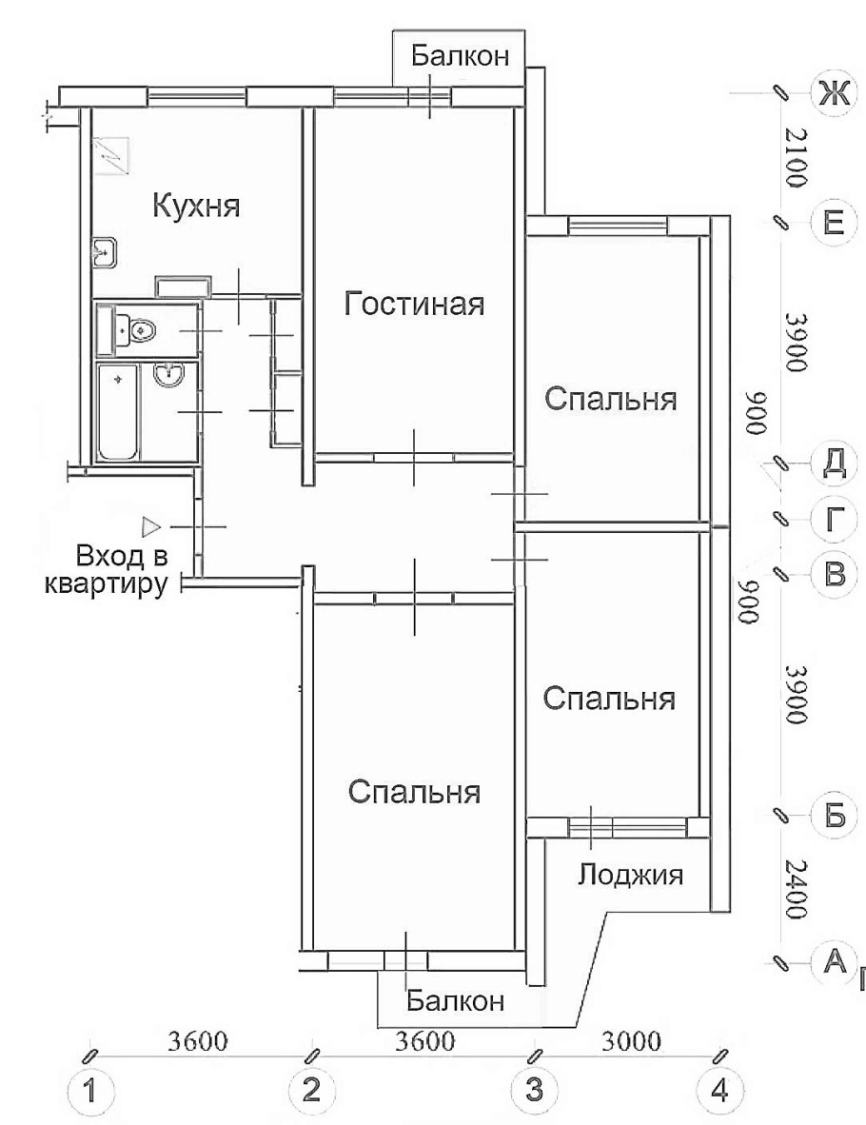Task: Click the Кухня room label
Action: coord(197,206)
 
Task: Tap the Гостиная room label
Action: coord(414,305)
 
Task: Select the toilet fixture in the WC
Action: coord(136,330)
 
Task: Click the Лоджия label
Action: coord(631,874)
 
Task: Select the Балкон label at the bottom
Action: coord(454,1000)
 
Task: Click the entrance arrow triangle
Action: coord(149,524)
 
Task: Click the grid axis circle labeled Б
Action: coord(833,817)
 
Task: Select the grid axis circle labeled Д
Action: coord(833,464)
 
